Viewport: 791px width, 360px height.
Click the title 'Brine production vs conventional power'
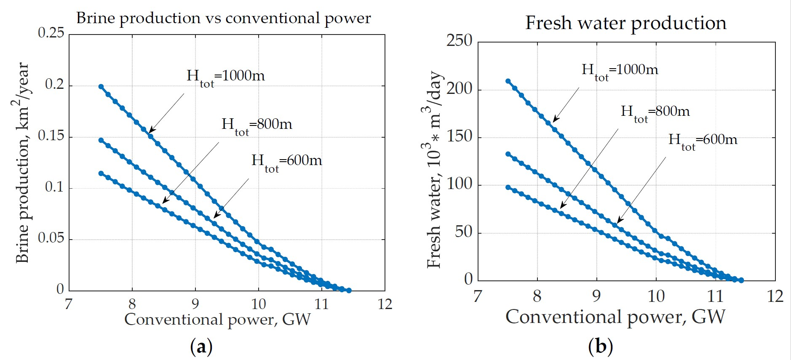(223, 19)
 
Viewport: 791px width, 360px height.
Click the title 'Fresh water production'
(625, 23)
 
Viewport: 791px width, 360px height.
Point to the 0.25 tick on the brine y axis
(51, 33)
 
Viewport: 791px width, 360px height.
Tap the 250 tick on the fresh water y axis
(459, 41)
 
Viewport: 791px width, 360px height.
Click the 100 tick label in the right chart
(459, 184)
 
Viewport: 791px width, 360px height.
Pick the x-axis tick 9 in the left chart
(195, 304)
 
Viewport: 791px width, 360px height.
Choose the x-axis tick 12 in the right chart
(775, 296)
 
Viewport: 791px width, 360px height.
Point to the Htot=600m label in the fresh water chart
(703, 141)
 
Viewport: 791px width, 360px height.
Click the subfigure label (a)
(201, 347)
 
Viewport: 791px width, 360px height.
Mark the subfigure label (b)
(600, 347)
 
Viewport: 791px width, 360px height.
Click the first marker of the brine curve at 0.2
(101, 87)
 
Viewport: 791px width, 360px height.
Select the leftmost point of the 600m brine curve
(101, 173)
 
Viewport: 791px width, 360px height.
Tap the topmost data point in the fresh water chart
(508, 81)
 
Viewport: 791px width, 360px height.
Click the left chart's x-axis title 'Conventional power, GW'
(217, 320)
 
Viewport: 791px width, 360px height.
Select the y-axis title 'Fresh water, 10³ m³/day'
(434, 169)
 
